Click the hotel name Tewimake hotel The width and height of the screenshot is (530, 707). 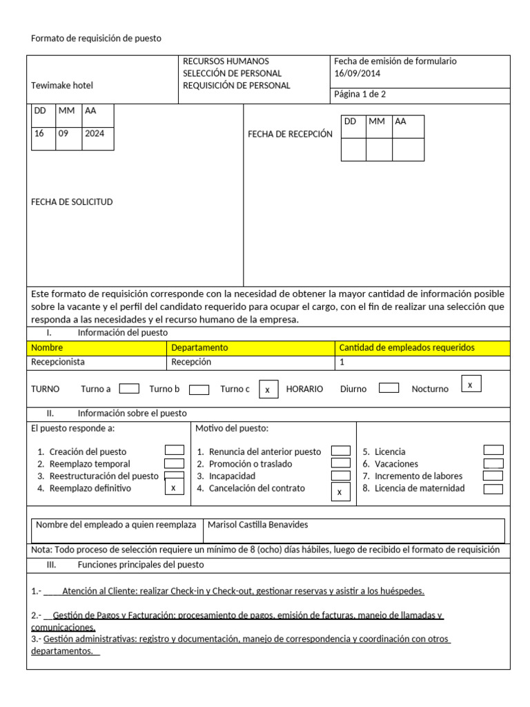(x=62, y=86)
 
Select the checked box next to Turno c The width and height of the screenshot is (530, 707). (x=268, y=389)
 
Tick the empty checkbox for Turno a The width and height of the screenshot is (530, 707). (x=129, y=389)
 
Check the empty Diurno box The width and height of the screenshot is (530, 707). (x=389, y=388)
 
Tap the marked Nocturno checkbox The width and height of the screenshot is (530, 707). (x=470, y=384)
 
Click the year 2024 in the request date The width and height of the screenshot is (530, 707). (x=95, y=133)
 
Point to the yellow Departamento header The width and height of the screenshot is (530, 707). (x=199, y=347)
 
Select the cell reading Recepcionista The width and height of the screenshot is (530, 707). (x=59, y=362)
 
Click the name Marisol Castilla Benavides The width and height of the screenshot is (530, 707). (x=257, y=525)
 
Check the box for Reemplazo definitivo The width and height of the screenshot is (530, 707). (x=174, y=487)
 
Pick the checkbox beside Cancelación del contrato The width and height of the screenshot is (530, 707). (x=340, y=492)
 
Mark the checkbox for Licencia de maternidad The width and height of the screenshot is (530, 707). (x=493, y=489)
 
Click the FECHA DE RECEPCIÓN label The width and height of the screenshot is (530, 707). (x=290, y=134)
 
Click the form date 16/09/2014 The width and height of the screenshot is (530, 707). (x=357, y=73)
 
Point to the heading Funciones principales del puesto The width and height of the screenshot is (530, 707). (x=141, y=564)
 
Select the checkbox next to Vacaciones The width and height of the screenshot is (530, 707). (x=493, y=464)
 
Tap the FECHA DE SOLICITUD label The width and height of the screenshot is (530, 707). (x=72, y=202)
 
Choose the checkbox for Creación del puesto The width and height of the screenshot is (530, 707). (x=174, y=450)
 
